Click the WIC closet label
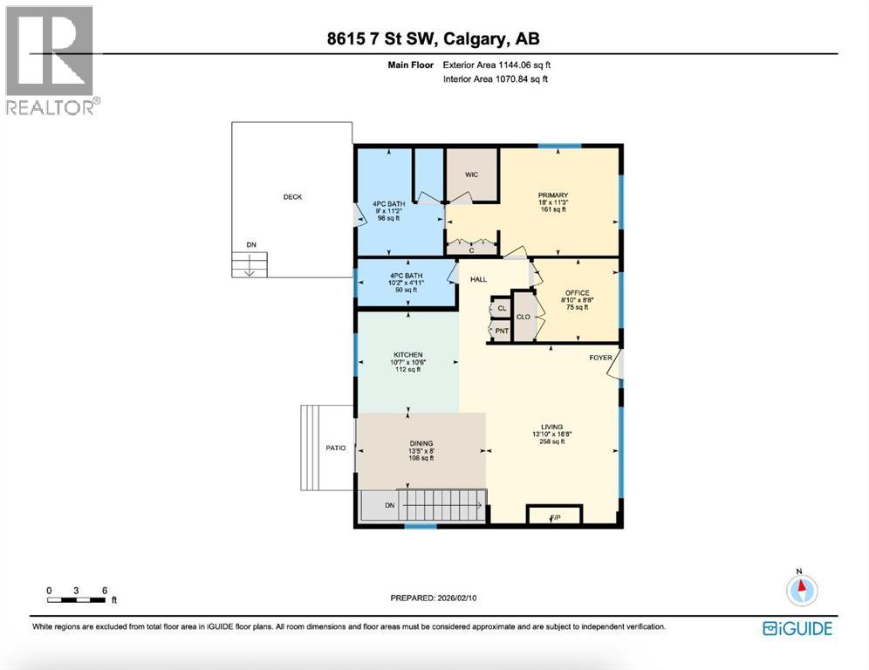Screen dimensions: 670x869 (471, 174)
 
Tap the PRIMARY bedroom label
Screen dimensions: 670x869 (553, 195)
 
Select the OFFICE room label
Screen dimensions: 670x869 (577, 293)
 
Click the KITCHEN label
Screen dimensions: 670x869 (407, 355)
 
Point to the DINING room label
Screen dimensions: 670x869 (421, 443)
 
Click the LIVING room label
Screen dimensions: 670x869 (552, 427)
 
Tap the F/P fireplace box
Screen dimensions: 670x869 (554, 516)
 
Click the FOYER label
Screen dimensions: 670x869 (600, 358)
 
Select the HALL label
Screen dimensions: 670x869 (479, 279)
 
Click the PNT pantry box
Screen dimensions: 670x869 (502, 331)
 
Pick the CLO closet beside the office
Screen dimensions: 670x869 (523, 318)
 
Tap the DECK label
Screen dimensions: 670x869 (292, 197)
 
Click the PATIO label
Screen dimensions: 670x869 (336, 448)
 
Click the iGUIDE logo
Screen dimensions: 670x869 (797, 628)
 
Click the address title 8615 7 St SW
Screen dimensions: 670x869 (434, 39)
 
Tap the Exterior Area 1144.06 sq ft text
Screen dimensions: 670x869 (496, 65)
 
